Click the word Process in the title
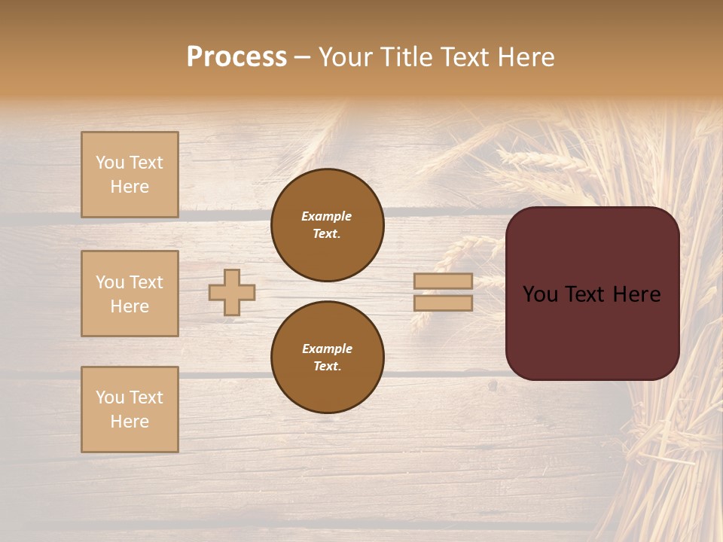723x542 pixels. pyautogui.click(x=236, y=57)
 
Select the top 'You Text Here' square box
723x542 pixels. pyautogui.click(x=130, y=175)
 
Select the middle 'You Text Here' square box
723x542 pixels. pyautogui.click(x=130, y=294)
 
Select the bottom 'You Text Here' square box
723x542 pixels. pyautogui.click(x=130, y=410)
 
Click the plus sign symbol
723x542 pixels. pyautogui.click(x=232, y=292)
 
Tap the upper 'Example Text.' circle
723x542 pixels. pyautogui.click(x=327, y=225)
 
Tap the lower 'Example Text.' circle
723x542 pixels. pyautogui.click(x=327, y=357)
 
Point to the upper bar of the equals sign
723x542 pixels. pyautogui.click(x=443, y=281)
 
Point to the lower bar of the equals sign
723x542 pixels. pyautogui.click(x=443, y=303)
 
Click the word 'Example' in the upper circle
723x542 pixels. pyautogui.click(x=326, y=217)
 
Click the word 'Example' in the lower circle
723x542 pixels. pyautogui.click(x=327, y=349)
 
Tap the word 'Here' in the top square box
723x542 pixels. pyautogui.click(x=130, y=187)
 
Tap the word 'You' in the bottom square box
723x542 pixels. pyautogui.click(x=110, y=397)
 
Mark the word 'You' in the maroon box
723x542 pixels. pyautogui.click(x=540, y=294)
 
